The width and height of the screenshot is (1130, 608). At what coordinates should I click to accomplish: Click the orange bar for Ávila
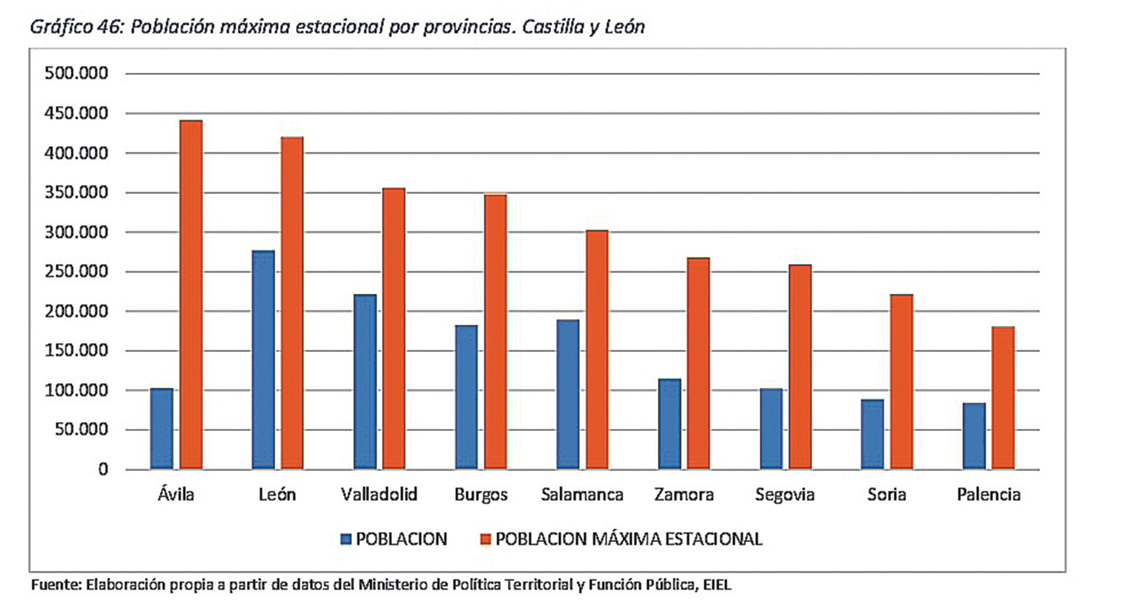click(x=191, y=294)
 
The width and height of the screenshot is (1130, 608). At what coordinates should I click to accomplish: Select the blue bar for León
click(x=263, y=360)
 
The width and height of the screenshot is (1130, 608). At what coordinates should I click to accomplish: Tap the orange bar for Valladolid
click(x=394, y=328)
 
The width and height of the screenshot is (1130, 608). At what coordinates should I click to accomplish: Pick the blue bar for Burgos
click(x=466, y=397)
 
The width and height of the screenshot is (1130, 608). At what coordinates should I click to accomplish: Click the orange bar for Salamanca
click(x=597, y=350)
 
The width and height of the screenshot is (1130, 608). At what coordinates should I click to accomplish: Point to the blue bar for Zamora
click(x=669, y=424)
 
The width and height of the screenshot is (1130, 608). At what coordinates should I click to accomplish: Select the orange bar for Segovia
click(x=800, y=367)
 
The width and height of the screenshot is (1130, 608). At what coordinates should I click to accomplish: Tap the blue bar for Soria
click(x=872, y=434)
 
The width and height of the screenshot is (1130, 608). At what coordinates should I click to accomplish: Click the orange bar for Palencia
click(x=1003, y=398)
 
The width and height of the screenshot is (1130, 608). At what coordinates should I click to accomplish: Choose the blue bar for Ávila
click(x=162, y=428)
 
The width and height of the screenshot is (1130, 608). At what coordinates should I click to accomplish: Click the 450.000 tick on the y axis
click(x=77, y=113)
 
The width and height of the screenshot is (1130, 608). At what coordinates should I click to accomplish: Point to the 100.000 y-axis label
click(x=77, y=390)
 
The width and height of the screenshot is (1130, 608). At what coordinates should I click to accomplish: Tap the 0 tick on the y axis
click(x=103, y=470)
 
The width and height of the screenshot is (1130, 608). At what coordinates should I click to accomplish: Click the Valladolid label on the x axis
click(x=379, y=494)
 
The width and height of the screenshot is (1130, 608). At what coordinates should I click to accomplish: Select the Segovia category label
click(x=785, y=494)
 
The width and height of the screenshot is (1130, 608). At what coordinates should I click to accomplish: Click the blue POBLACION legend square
click(x=346, y=539)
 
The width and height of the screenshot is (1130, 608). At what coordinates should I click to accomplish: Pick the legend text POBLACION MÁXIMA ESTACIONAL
click(x=629, y=539)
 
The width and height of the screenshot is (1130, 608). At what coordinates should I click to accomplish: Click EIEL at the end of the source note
click(x=717, y=585)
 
